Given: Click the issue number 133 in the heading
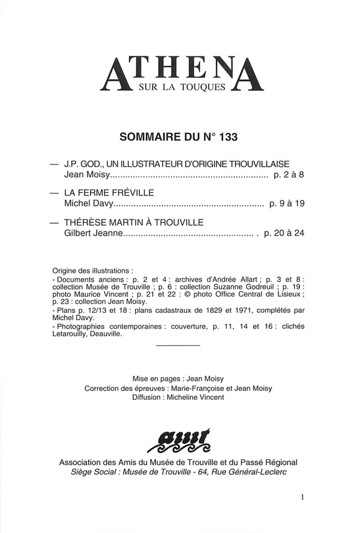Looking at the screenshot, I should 228,137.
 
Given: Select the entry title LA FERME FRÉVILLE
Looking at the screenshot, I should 109,192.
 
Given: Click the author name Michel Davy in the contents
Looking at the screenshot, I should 86,204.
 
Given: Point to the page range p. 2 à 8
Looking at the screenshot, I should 289,175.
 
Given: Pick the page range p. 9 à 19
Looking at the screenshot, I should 287,204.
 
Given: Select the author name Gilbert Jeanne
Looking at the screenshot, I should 93,233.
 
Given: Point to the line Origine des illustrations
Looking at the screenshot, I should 92,270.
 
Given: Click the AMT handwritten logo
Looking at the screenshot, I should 178,442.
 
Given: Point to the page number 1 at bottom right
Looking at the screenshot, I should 303,496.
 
